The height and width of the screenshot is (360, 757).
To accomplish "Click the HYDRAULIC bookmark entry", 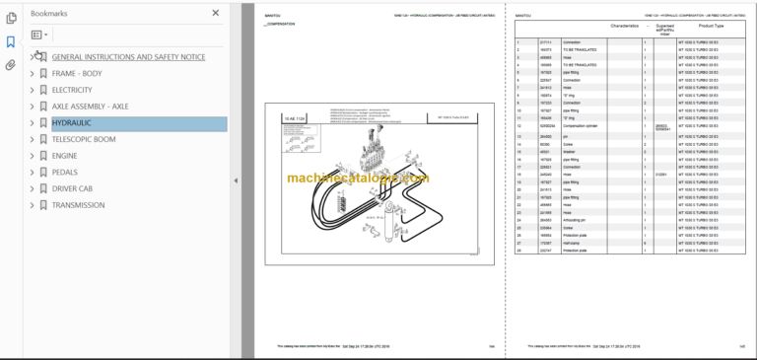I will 71,123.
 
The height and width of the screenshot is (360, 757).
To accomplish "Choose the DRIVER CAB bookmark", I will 80,188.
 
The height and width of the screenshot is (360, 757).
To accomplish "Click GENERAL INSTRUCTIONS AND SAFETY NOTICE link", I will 128,57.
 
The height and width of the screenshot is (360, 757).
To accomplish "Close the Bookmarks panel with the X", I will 216,13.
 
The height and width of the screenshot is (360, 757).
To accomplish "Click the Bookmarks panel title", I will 49,14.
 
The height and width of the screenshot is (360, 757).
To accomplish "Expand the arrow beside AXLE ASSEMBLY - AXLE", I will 32,107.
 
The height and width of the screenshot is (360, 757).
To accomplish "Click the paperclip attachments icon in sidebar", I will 11,65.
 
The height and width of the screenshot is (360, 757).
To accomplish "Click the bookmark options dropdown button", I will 39,35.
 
